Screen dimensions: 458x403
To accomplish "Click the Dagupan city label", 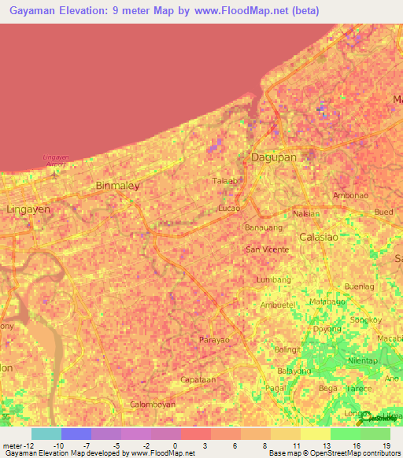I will pos(273,157).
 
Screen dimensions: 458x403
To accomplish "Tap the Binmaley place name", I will pos(116,186).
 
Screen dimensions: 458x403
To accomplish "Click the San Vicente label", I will pos(268,249).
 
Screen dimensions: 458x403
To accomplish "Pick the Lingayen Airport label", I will pos(56,159).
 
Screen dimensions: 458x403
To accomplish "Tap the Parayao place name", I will pos(214,340).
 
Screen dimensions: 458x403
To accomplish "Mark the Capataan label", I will pos(198,379).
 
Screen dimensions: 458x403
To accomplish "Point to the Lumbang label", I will pos(274,279).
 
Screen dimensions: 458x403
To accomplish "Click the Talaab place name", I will pos(224,181).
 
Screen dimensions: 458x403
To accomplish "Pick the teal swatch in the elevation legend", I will pos(46,434).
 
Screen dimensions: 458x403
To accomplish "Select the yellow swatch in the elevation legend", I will pos(315,434).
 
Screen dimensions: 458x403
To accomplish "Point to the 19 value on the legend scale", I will pos(386,445).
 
